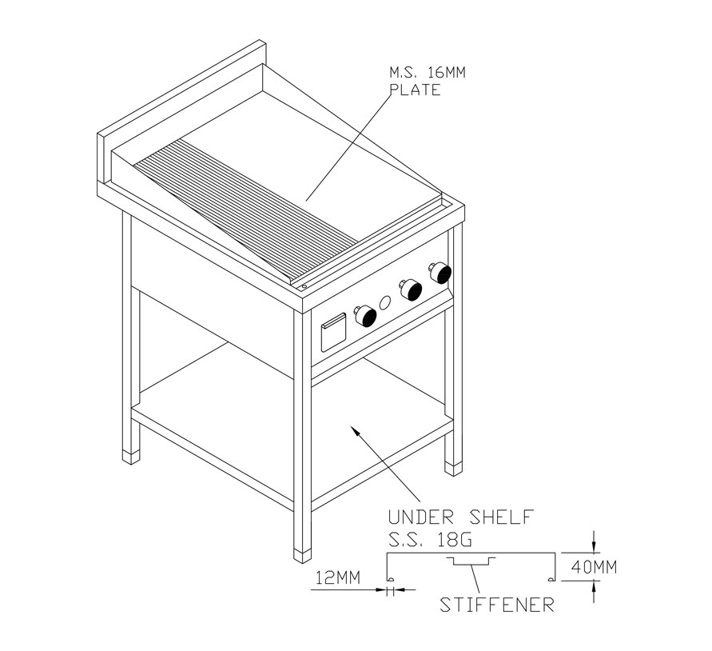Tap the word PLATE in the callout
(x=416, y=90)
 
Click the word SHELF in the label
(x=501, y=517)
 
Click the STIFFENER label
(x=497, y=605)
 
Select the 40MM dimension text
(x=594, y=567)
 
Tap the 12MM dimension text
(x=338, y=577)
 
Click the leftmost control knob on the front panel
(x=366, y=316)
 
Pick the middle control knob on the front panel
(x=411, y=290)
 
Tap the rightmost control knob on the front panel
(x=440, y=272)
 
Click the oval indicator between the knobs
(x=385, y=303)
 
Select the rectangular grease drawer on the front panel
(x=333, y=333)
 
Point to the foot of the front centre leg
(x=302, y=557)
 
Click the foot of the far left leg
(x=131, y=457)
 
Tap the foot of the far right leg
(x=453, y=469)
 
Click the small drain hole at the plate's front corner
(x=304, y=286)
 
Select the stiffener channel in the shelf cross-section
(x=471, y=561)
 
